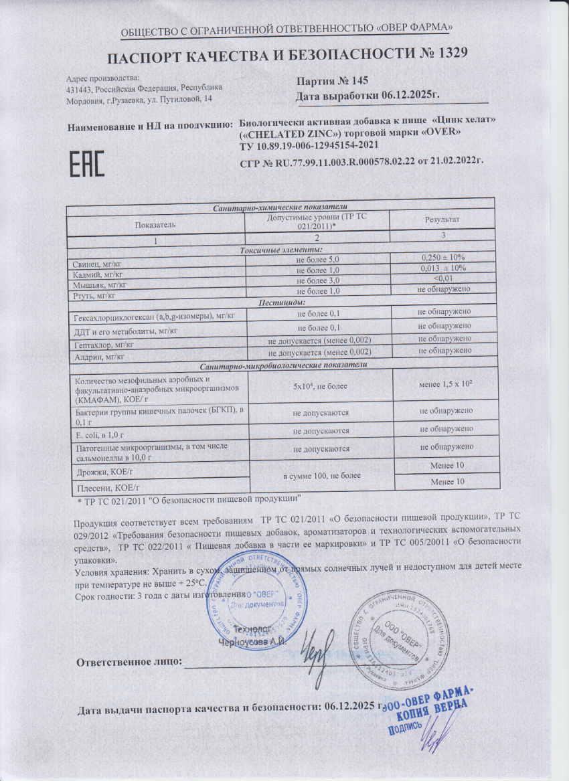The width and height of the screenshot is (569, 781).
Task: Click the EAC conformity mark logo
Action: coord(86,164)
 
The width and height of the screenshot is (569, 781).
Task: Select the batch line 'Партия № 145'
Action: coord(332,80)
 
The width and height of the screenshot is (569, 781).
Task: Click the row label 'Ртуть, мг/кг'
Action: coord(96,295)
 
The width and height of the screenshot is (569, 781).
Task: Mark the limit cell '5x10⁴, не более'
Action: coord(319,386)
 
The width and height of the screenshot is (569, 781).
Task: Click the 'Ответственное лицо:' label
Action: coord(129,663)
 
